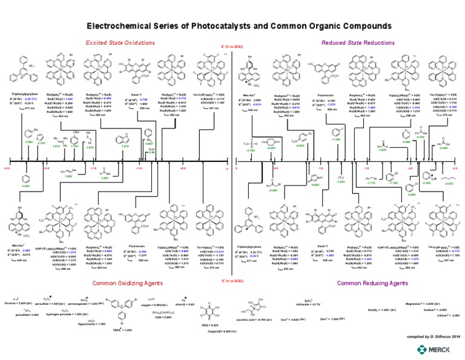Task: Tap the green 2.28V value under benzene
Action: point(25,186)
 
